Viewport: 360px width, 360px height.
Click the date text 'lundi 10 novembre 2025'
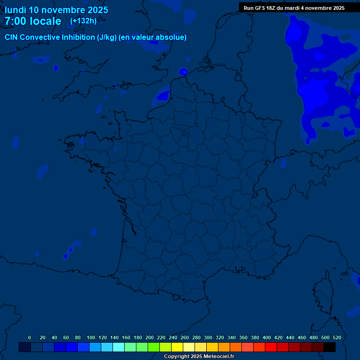pyautogui.click(x=56, y=10)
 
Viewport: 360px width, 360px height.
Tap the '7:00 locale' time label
pyautogui.click(x=33, y=21)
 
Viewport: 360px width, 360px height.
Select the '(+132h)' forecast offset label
pyautogui.click(x=83, y=21)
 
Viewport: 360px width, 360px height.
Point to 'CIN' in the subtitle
pyautogui.click(x=11, y=37)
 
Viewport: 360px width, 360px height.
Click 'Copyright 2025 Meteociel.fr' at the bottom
pyautogui.click(x=199, y=357)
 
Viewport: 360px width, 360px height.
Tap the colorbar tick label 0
pyautogui.click(x=30, y=337)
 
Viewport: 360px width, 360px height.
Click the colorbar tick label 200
pyautogui.click(x=149, y=337)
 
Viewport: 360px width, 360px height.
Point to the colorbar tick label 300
pyautogui.click(x=208, y=337)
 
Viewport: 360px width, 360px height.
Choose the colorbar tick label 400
pyautogui.click(x=266, y=337)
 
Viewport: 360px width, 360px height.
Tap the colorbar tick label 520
pyautogui.click(x=337, y=337)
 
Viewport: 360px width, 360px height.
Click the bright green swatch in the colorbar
pyautogui.click(x=154, y=347)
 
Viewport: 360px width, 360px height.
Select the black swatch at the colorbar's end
pyautogui.click(x=330, y=347)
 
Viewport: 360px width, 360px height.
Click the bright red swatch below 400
pyautogui.click(x=271, y=347)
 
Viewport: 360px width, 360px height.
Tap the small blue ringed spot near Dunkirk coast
pyautogui.click(x=183, y=72)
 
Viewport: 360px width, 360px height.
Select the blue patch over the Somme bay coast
pyautogui.click(x=163, y=96)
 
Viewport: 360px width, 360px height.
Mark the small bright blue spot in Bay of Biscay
pyautogui.click(x=66, y=256)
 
